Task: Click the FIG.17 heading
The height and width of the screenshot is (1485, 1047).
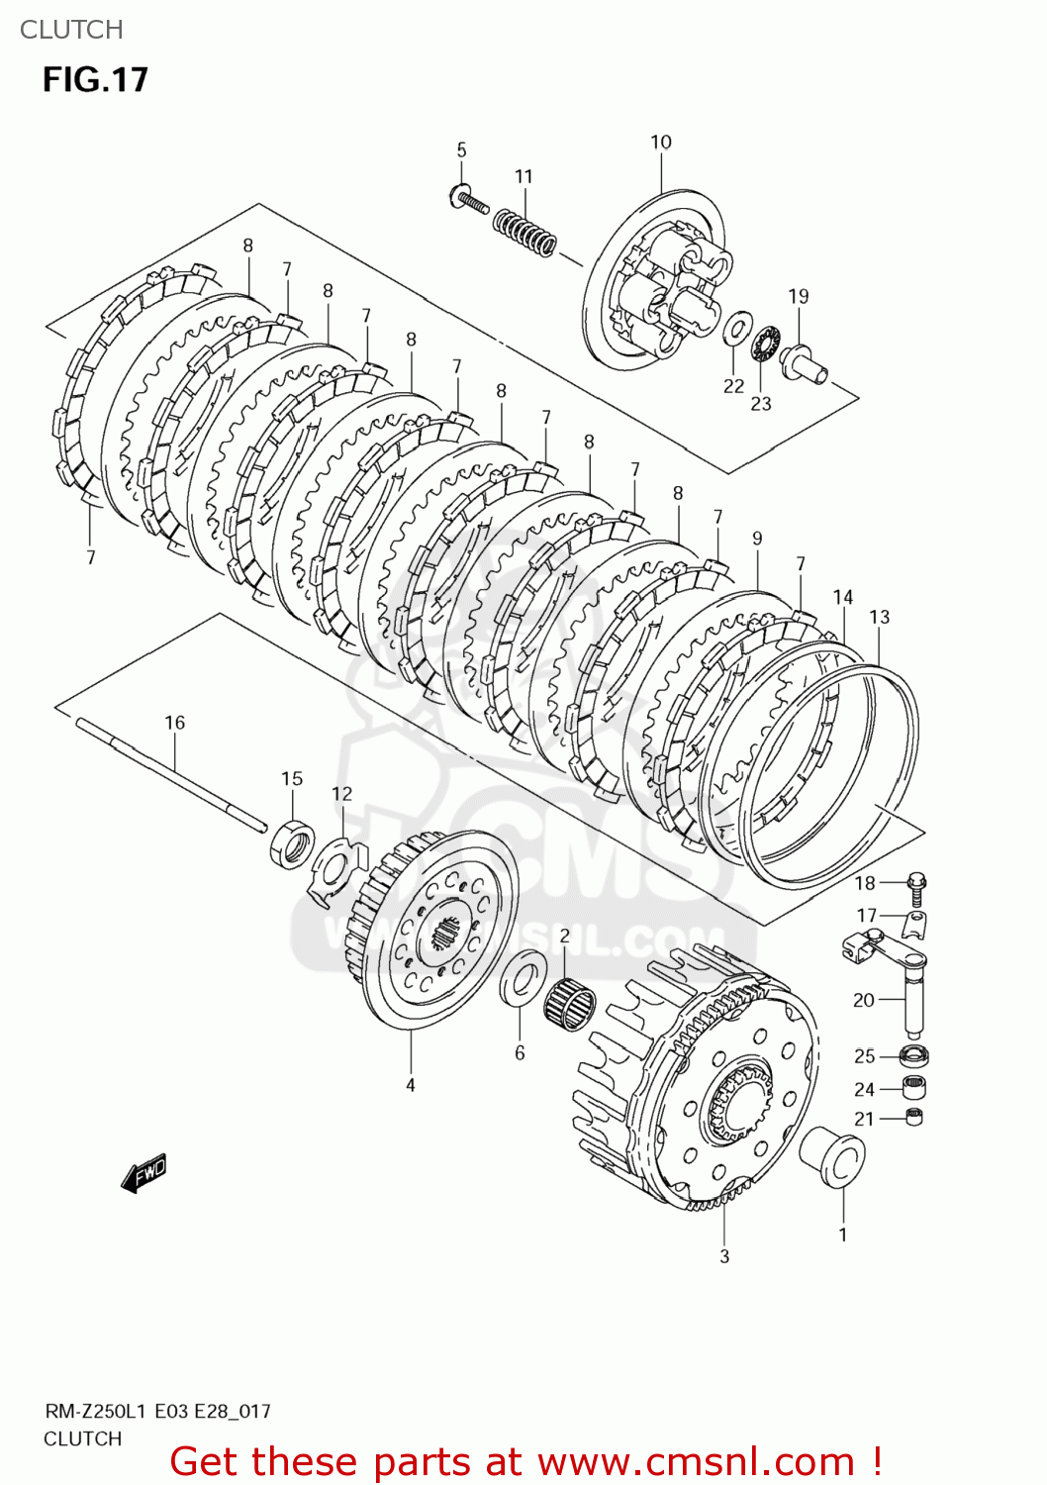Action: (95, 79)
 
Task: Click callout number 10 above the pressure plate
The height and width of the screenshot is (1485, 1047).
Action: (661, 143)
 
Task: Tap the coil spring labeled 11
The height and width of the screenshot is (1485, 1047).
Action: (524, 233)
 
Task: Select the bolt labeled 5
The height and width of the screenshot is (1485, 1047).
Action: (468, 201)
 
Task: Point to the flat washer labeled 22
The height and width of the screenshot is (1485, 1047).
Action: (735, 329)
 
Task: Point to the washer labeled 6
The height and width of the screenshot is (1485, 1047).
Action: (523, 977)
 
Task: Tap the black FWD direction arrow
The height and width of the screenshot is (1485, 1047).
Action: (143, 1172)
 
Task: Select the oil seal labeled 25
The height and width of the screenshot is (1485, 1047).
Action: (915, 1055)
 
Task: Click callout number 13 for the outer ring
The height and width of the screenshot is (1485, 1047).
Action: (879, 617)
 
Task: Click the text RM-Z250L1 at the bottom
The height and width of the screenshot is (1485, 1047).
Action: (96, 1412)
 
